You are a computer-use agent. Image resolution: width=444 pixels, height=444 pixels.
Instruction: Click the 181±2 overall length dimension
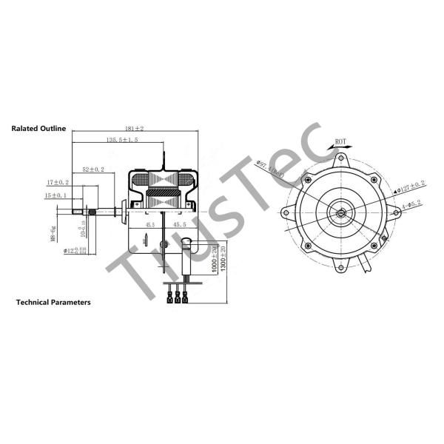click(134, 129)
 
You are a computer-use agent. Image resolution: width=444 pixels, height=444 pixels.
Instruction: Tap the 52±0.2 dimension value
click(93, 169)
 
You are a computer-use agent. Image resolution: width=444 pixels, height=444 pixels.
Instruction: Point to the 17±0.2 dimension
click(58, 182)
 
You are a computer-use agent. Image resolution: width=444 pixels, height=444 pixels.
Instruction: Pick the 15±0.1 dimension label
click(55, 195)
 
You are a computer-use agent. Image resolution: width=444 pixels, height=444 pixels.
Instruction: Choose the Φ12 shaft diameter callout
click(75, 250)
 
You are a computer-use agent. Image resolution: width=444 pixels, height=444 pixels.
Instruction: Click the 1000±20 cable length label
click(213, 260)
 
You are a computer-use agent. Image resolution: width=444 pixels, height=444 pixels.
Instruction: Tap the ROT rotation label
click(340, 141)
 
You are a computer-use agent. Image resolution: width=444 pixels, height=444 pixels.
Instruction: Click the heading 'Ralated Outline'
click(38, 128)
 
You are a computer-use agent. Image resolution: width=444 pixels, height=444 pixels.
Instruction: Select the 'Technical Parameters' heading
click(53, 303)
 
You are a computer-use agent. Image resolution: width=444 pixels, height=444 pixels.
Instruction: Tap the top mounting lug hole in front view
click(341, 157)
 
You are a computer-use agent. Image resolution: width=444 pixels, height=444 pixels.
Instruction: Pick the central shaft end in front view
click(341, 213)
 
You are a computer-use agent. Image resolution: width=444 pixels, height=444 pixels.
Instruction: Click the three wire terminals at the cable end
click(178, 299)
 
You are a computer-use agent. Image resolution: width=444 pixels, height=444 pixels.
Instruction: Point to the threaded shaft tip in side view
click(77, 215)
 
